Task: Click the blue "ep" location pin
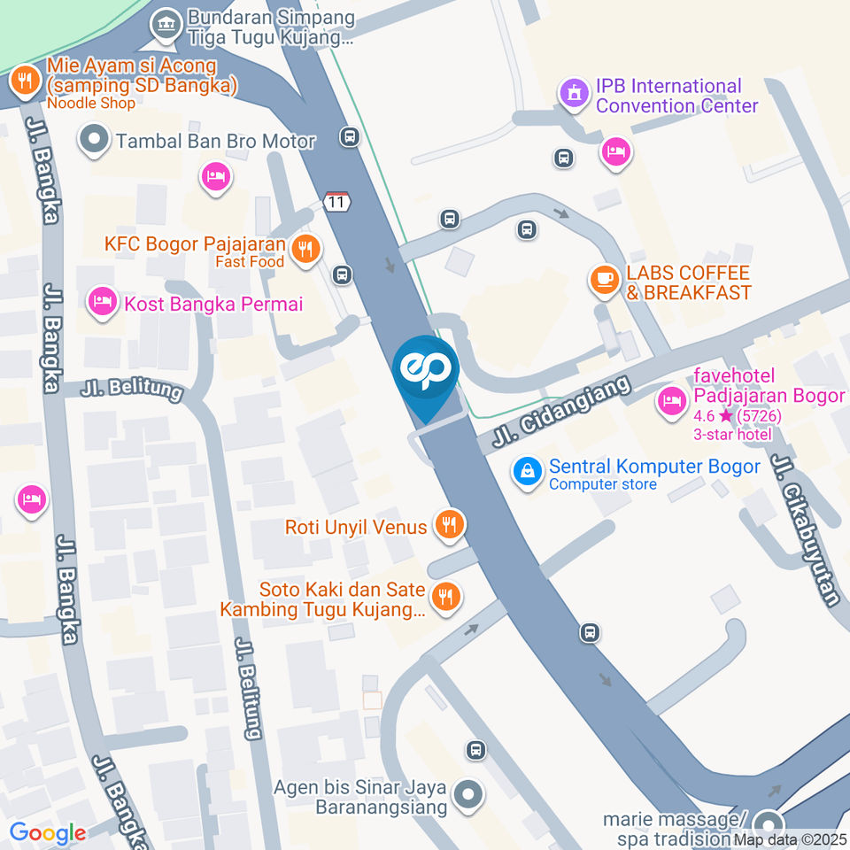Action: tap(426, 370)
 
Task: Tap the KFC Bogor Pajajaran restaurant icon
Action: tap(307, 251)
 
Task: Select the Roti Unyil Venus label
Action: tap(356, 527)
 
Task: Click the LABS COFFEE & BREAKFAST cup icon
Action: tap(605, 281)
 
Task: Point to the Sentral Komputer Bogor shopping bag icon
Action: tap(527, 472)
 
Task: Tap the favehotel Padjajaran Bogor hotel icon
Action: tap(671, 401)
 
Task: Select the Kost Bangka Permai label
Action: tap(212, 304)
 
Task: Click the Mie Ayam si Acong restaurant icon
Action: tap(23, 81)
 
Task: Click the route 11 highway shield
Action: tap(336, 201)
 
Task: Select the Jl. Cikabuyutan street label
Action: tap(805, 529)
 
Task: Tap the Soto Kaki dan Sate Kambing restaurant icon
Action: tap(446, 597)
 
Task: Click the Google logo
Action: tap(48, 832)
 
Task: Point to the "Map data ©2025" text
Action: tap(789, 839)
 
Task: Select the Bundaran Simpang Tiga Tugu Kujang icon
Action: tap(165, 26)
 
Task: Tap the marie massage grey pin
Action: tap(769, 823)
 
